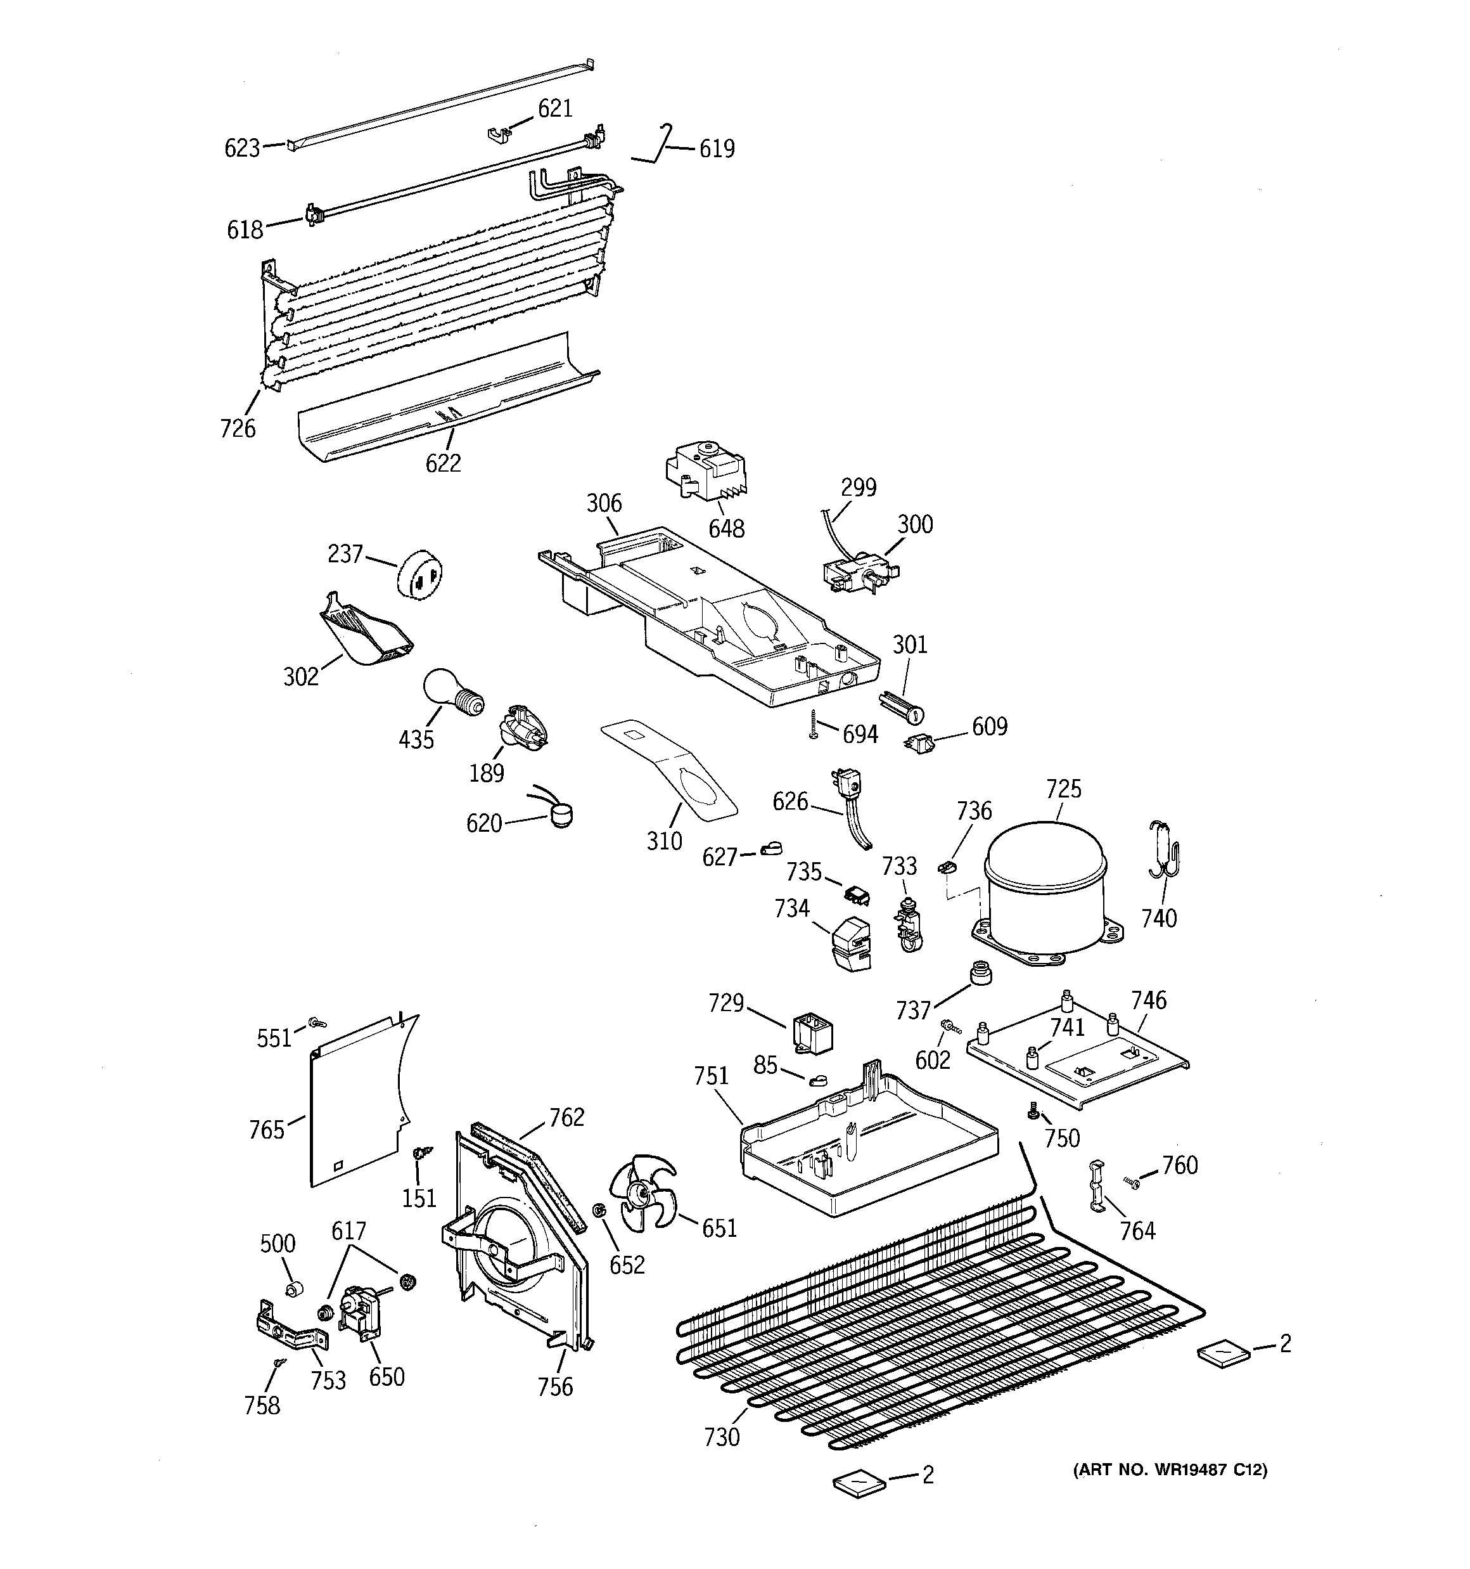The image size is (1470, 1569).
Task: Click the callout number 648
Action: point(726,528)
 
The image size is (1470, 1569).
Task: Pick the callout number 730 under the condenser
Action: point(722,1437)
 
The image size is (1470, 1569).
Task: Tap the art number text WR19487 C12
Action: point(1170,1469)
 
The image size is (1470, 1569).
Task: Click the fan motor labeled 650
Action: point(361,1311)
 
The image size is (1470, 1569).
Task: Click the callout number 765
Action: point(266,1130)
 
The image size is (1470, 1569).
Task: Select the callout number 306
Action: point(604,503)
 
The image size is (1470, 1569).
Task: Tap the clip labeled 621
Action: point(499,135)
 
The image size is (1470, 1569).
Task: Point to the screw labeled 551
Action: point(318,1022)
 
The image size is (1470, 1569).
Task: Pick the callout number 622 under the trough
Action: point(443,463)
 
